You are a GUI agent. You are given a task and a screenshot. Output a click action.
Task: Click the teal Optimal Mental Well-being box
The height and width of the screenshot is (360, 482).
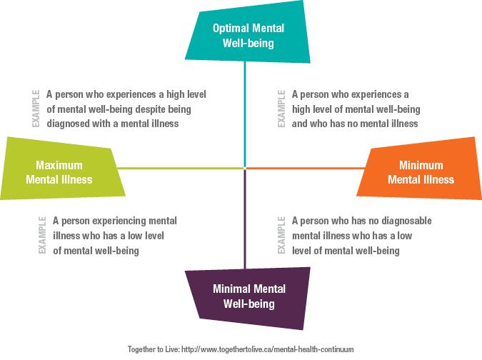click(x=248, y=34)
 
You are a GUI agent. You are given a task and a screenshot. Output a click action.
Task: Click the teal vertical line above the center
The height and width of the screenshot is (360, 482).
click(x=245, y=114)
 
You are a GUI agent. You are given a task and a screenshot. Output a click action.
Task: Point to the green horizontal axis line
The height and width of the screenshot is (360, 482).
click(x=180, y=168)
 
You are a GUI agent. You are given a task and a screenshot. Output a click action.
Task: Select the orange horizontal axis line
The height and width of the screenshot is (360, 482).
click(x=306, y=168)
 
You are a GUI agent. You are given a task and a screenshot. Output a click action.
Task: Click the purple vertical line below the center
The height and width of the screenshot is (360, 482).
click(x=245, y=219)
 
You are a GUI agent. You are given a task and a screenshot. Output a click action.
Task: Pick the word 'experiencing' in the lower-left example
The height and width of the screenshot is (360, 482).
click(x=119, y=221)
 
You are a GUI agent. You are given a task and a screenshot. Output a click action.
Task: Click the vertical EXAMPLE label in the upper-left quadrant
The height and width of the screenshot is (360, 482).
click(x=36, y=109)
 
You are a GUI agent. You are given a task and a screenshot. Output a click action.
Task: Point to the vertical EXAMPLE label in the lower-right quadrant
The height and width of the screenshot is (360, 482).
click(x=281, y=235)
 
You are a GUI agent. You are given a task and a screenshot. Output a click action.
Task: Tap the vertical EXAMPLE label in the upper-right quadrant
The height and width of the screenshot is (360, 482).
click(x=281, y=109)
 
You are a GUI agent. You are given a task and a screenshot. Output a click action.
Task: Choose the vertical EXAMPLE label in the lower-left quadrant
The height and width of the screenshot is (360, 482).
click(x=42, y=235)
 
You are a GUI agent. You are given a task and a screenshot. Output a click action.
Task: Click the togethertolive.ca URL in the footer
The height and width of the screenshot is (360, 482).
click(x=268, y=349)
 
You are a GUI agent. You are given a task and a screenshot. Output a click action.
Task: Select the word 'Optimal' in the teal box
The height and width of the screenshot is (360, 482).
click(x=229, y=29)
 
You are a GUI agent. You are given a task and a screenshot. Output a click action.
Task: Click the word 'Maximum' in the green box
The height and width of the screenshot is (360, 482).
click(x=59, y=166)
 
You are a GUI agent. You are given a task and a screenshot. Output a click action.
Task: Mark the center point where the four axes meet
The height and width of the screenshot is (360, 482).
click(x=245, y=168)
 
